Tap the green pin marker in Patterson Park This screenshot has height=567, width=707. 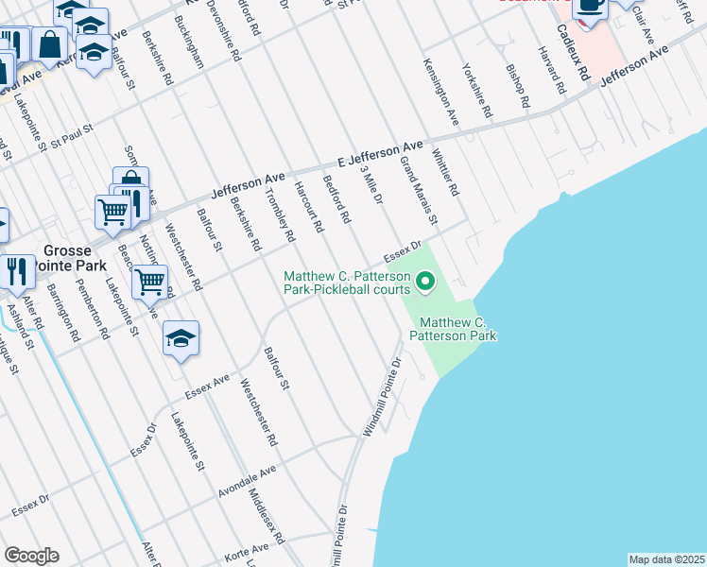tap(425, 280)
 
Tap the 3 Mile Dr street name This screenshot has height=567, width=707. tap(371, 185)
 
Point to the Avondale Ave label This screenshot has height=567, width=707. tap(247, 480)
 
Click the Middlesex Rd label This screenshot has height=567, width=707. tap(266, 516)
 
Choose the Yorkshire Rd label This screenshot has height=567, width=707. tap(476, 90)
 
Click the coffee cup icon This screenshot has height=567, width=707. tap(591, 6)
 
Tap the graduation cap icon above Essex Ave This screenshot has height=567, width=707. tap(181, 337)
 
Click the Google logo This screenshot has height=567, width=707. tap(31, 556)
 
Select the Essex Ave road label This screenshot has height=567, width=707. tap(208, 386)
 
